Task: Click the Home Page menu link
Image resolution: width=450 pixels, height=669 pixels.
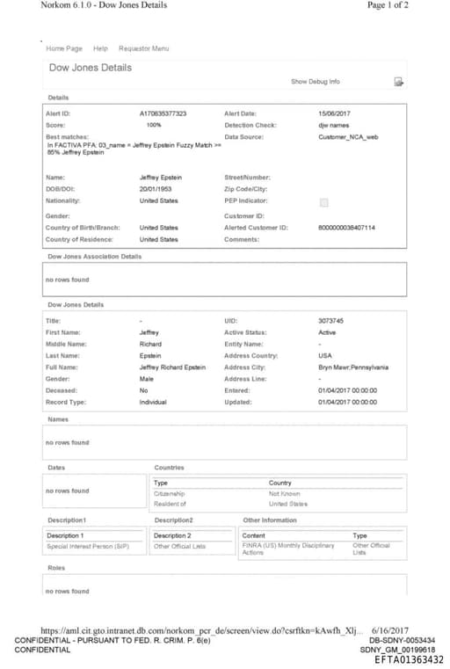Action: [63, 48]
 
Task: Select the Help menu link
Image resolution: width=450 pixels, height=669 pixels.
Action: [100, 48]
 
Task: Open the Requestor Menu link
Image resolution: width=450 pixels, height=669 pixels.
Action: [143, 48]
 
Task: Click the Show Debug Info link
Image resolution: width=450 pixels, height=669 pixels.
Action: [315, 82]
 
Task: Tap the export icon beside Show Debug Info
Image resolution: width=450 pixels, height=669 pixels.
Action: [398, 82]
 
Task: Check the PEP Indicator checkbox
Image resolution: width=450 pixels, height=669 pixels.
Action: [323, 202]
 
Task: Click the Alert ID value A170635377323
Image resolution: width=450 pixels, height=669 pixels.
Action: [163, 113]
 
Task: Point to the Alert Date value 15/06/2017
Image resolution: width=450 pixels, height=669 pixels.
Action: [335, 113]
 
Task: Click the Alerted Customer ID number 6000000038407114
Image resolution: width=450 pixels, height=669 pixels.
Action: [346, 228]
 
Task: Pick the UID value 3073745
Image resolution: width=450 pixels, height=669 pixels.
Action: [330, 321]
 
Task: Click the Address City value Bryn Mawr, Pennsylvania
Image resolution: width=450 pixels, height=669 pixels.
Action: [353, 367]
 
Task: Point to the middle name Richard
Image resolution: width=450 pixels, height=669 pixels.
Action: [150, 344]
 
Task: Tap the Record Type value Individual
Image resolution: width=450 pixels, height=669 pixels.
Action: [153, 402]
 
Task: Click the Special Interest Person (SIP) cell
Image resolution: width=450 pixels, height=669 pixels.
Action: [88, 546]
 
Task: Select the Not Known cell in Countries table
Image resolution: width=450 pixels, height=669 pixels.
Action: [284, 494]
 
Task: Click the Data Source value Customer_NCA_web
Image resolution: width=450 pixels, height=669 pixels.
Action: [348, 137]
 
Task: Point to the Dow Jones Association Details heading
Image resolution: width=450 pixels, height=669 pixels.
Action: [94, 257]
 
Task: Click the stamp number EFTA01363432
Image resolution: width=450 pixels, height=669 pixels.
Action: [408, 659]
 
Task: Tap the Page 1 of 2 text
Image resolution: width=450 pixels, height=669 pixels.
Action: [388, 5]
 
